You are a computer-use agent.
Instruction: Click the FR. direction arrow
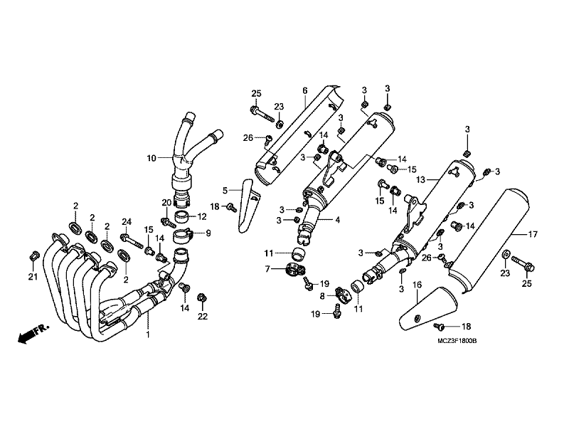(x=33, y=334)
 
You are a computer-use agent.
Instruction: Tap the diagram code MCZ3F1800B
(x=457, y=341)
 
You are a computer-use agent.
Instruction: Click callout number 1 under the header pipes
(x=148, y=334)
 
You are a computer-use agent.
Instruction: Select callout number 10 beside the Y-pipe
(x=151, y=158)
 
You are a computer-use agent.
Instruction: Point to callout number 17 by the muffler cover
(x=532, y=235)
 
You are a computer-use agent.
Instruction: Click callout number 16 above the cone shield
(x=418, y=285)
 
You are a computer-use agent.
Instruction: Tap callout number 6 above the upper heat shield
(x=305, y=90)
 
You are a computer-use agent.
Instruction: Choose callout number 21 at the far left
(x=33, y=277)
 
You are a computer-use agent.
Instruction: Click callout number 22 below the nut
(x=203, y=316)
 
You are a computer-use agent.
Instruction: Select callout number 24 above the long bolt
(x=127, y=221)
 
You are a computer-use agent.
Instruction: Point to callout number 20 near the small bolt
(x=166, y=203)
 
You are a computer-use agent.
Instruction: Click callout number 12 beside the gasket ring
(x=202, y=217)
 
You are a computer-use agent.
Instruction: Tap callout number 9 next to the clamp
(x=208, y=233)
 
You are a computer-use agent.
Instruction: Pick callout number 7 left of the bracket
(x=267, y=270)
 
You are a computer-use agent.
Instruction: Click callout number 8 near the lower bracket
(x=322, y=296)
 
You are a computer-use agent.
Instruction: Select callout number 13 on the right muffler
(x=420, y=179)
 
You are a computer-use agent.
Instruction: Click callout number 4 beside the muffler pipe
(x=337, y=220)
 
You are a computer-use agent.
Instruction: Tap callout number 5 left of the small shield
(x=225, y=190)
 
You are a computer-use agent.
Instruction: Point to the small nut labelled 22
(x=201, y=298)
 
